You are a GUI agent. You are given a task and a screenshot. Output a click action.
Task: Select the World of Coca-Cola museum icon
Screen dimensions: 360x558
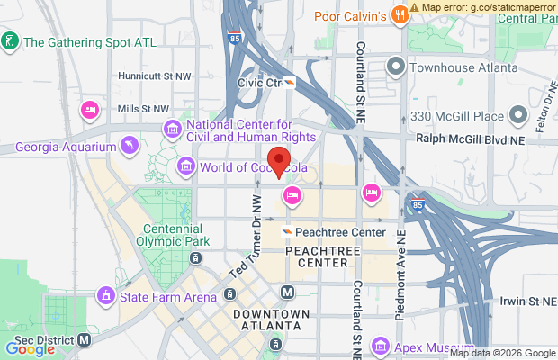tap(186, 166)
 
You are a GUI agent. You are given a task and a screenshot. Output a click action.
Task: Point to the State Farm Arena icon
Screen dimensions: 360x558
tap(106, 294)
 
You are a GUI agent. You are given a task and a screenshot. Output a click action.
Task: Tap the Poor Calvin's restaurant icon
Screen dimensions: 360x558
tap(397, 16)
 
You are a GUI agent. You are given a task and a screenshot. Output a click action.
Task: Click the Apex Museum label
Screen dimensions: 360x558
tap(430, 346)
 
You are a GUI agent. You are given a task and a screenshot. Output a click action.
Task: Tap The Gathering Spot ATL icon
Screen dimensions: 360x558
tap(10, 41)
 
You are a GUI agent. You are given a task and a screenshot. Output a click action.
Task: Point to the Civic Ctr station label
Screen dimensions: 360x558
tap(259, 82)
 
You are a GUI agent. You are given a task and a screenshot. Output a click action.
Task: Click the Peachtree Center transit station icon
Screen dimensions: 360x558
tap(286, 232)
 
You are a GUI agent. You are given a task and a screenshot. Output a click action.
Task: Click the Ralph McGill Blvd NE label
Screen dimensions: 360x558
tap(482, 139)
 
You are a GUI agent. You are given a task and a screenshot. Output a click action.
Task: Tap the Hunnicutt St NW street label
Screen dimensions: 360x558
tap(137, 78)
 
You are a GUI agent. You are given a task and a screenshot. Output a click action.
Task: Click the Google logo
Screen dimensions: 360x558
tap(31, 349)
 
